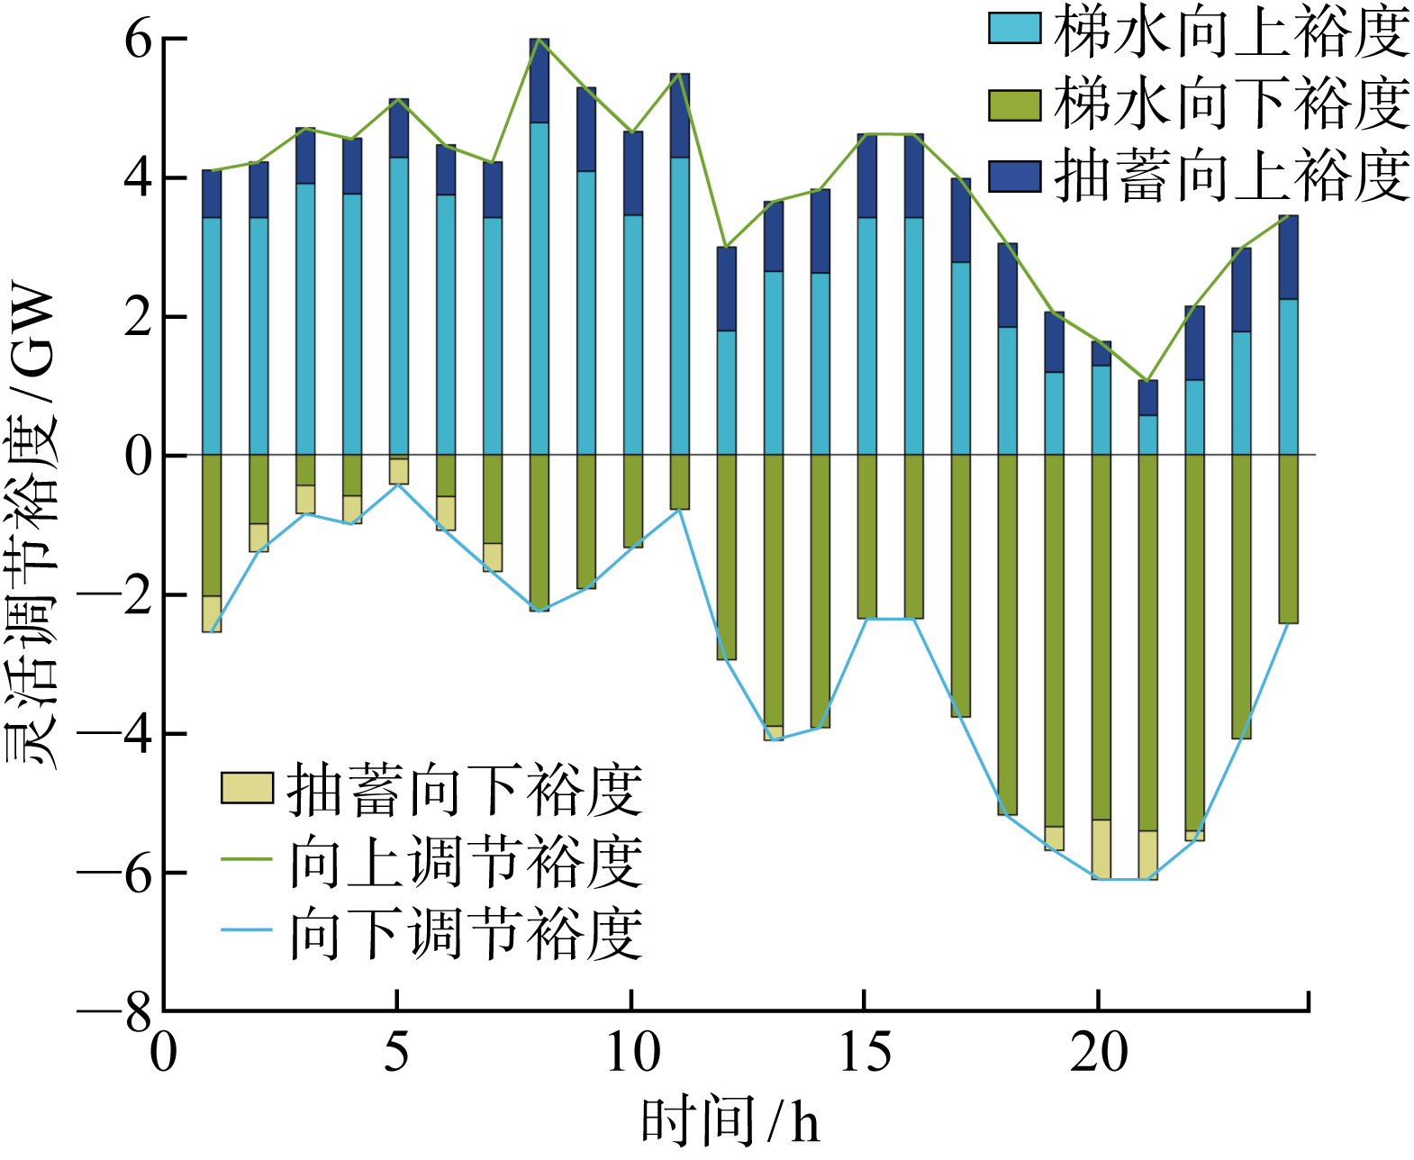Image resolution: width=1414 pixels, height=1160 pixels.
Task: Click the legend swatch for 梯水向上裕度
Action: click(x=1015, y=30)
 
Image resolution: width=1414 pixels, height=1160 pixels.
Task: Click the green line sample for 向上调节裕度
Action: click(x=247, y=859)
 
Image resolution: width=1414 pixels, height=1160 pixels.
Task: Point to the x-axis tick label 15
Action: click(x=865, y=1052)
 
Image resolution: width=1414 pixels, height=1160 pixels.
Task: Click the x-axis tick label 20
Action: click(x=1099, y=1052)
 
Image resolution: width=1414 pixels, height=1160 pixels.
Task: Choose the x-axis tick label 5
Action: click(x=396, y=1052)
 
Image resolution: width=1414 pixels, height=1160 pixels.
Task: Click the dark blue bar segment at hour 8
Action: click(x=539, y=81)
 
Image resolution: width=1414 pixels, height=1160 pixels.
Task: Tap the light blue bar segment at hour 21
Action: click(x=1147, y=435)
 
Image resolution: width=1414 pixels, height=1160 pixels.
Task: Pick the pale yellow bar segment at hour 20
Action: click(x=1101, y=849)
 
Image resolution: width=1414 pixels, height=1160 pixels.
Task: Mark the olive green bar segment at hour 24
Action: click(x=1288, y=539)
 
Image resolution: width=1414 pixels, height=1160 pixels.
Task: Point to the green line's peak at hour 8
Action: click(x=539, y=40)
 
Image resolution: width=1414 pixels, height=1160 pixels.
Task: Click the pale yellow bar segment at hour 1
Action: click(x=212, y=613)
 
